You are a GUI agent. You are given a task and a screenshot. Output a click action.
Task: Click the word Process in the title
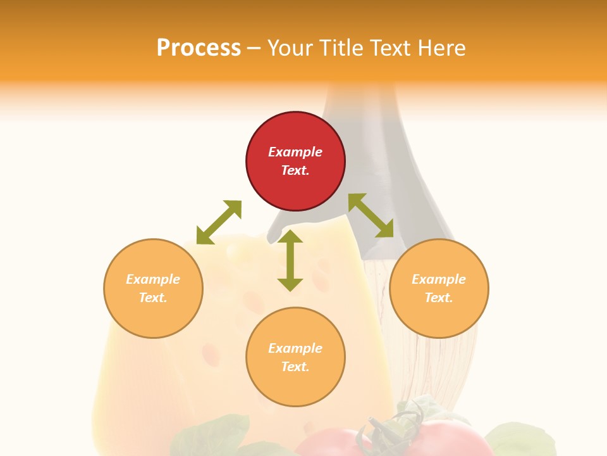click(x=199, y=48)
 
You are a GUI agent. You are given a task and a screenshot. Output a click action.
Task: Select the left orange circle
click(x=153, y=317)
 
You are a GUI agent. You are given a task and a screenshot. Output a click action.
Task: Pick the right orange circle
click(x=439, y=317)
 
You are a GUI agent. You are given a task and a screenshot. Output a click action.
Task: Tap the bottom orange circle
click(x=295, y=386)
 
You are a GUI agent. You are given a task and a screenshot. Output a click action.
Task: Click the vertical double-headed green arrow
click(x=290, y=260)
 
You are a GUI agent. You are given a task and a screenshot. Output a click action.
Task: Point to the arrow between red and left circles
click(x=219, y=222)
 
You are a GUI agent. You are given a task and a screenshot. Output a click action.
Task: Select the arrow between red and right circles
click(x=371, y=215)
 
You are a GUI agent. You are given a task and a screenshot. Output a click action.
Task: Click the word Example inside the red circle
click(x=295, y=152)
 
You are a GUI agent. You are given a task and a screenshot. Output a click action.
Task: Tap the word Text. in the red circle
click(x=295, y=170)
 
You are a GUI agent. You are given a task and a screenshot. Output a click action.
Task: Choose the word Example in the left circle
click(x=153, y=279)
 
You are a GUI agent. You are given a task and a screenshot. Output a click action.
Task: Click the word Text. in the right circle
click(x=439, y=298)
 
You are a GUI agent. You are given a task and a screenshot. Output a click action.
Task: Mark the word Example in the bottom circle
click(x=295, y=348)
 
